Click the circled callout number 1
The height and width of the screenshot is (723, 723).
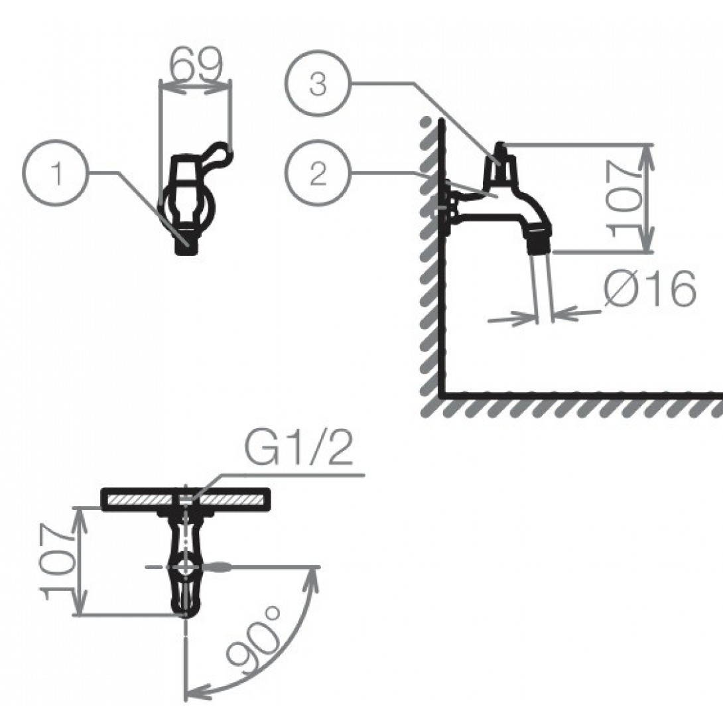point(54,172)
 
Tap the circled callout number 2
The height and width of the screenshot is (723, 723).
point(318,173)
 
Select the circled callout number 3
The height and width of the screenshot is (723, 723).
point(318,84)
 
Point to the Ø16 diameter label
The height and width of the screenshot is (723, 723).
point(649,288)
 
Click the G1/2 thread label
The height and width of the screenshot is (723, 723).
point(298,448)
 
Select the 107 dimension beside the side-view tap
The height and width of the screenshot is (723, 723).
point(625,198)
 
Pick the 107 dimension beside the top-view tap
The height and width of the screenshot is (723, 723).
point(57,560)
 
